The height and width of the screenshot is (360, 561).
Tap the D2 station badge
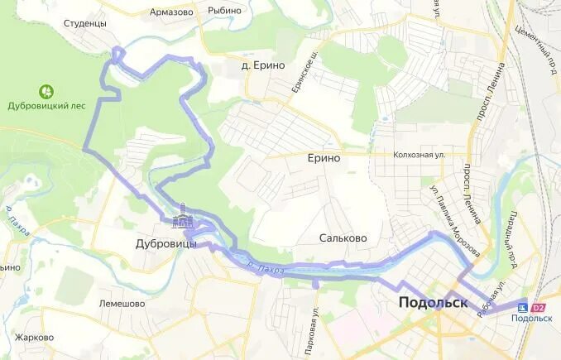pos(539,308)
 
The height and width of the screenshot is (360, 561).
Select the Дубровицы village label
pos(166,243)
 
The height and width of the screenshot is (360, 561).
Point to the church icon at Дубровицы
pos(182,220)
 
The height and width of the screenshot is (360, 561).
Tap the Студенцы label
pos(85,23)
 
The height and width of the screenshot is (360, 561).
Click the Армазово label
pos(171,12)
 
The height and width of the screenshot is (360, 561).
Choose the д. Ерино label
pos(263,65)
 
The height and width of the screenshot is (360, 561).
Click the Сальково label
pos(343,238)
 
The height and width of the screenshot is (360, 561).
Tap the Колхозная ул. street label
pos(420,154)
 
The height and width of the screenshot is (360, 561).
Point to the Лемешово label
pos(122,304)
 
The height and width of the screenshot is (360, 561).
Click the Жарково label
pos(34,338)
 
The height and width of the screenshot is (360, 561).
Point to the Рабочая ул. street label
pos(494,294)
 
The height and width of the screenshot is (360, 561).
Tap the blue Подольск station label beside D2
pos(531,319)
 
